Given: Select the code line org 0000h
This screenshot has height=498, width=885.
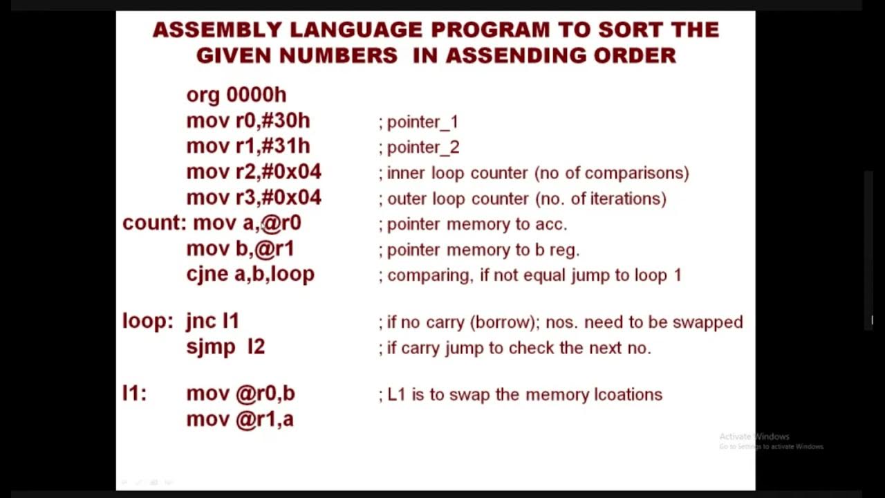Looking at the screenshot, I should [236, 95].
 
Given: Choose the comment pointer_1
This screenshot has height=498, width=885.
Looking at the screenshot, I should [422, 122].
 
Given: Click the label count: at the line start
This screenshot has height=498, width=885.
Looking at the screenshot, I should [154, 223].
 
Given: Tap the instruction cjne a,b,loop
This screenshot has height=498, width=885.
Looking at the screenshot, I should [250, 274].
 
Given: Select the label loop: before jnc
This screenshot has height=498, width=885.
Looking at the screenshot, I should [147, 321].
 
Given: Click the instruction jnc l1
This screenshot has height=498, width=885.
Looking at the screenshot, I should [212, 321].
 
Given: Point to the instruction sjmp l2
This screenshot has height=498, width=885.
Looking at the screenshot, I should [225, 347].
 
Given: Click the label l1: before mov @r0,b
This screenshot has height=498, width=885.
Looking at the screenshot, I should [134, 393].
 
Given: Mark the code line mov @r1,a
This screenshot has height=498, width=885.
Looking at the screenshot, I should [240, 419].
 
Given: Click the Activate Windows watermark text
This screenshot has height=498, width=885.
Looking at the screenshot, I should [754, 436].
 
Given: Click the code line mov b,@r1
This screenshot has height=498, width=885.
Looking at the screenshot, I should [240, 248].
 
